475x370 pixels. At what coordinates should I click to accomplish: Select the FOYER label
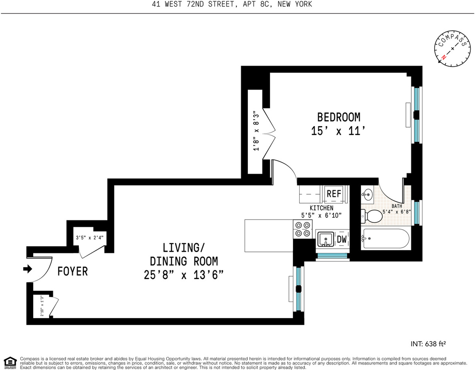[x=72, y=272]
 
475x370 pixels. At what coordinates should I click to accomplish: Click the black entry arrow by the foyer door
[x=27, y=269]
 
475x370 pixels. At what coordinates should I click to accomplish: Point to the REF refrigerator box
[x=334, y=194]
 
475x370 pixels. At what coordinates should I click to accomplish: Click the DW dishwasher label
[x=342, y=239]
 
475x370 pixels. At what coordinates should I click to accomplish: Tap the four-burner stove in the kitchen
[x=303, y=230]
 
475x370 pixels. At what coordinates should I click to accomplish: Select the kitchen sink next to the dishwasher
[x=326, y=239]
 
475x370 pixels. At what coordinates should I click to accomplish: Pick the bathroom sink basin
[x=368, y=194]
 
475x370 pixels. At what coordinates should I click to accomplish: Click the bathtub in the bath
[x=384, y=239]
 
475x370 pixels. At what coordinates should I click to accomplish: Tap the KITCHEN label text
[x=321, y=208]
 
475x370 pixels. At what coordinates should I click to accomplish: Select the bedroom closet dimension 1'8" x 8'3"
[x=256, y=131]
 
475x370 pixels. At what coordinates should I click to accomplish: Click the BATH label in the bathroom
[x=397, y=206]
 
